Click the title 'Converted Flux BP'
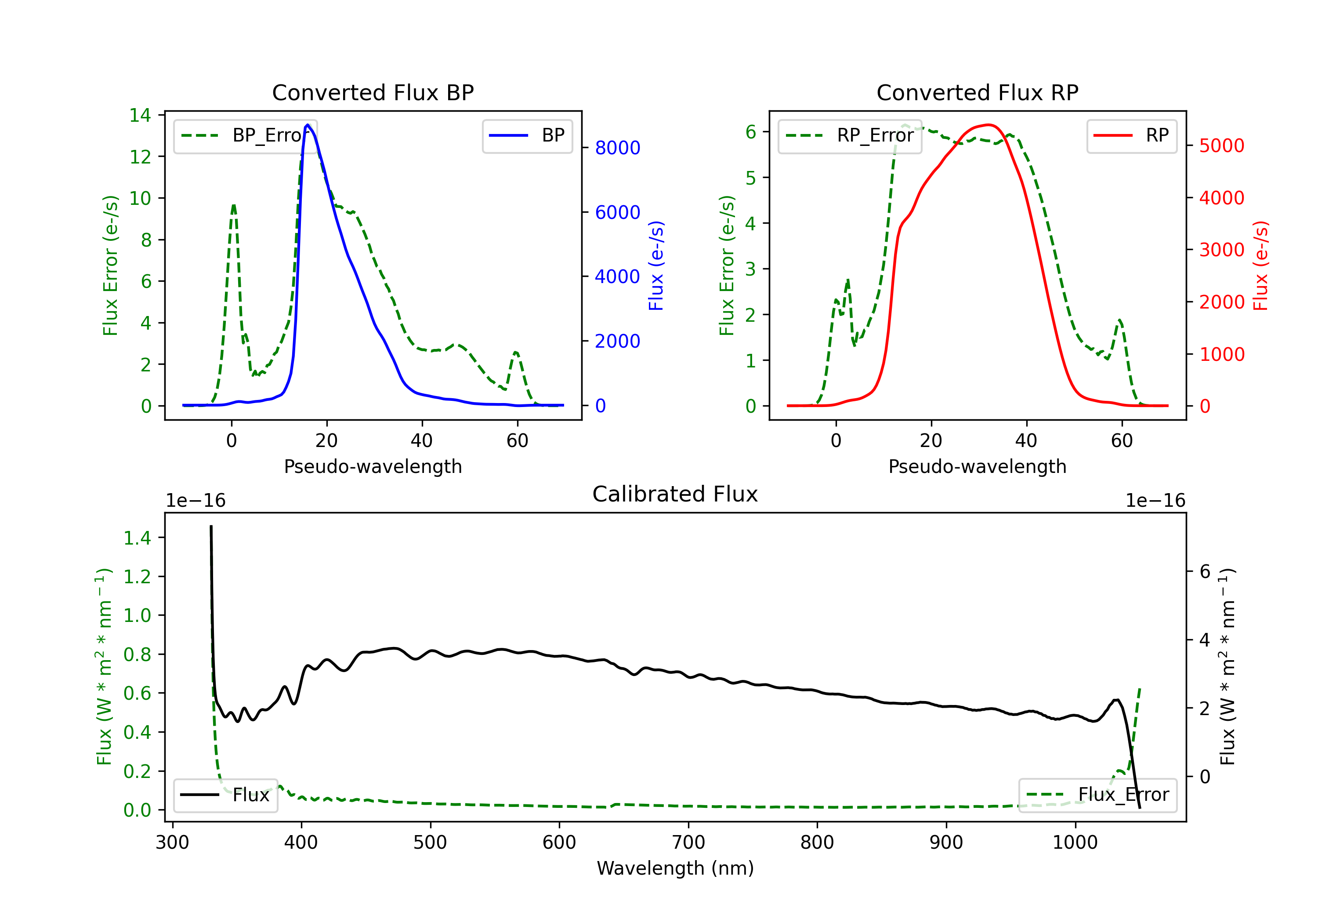click(373, 92)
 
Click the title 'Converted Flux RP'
click(977, 92)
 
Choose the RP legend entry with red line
click(1131, 135)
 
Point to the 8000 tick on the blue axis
click(617, 148)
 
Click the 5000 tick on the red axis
click(1221, 146)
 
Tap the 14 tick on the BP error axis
click(140, 116)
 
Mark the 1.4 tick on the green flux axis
click(137, 538)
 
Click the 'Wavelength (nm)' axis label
click(675, 868)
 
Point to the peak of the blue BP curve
click(308, 125)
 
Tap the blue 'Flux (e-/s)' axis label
click(655, 265)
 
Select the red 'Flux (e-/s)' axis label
click(1260, 265)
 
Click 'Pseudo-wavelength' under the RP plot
click(977, 466)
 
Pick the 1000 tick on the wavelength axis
click(1075, 843)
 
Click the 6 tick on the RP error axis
click(751, 132)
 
